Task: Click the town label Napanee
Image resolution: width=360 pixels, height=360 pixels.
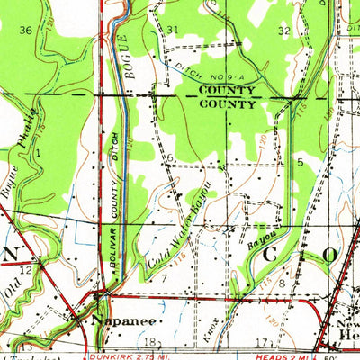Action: click(x=124, y=319)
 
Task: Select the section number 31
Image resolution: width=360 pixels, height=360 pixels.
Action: click(x=173, y=30)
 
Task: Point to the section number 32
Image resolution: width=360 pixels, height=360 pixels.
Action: click(x=284, y=30)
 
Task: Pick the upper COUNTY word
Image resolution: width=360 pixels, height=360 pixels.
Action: click(x=225, y=91)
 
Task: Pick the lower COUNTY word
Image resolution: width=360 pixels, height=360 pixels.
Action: click(x=225, y=103)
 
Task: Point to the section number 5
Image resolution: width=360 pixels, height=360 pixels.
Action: click(x=300, y=162)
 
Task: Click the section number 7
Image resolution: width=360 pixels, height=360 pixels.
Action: click(x=163, y=278)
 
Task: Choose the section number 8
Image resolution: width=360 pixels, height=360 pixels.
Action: click(x=282, y=283)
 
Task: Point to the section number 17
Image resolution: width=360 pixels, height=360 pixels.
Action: click(x=261, y=342)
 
